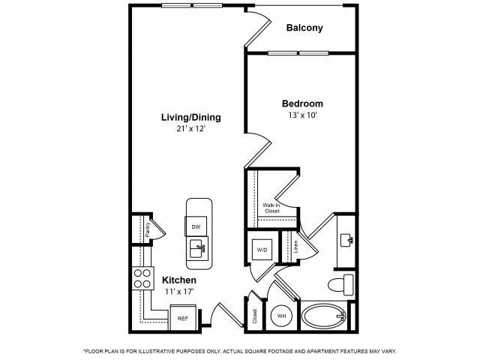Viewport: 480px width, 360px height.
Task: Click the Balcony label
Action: click(304, 28)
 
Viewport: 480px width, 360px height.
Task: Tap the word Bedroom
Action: click(302, 103)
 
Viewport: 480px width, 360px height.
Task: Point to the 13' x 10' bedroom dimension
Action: click(302, 116)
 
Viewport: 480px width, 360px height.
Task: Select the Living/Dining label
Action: click(191, 118)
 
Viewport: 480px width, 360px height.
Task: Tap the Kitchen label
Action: click(180, 280)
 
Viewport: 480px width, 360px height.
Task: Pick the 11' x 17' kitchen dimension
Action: click(180, 291)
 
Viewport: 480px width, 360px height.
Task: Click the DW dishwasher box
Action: click(196, 226)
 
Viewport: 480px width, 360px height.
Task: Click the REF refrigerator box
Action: click(182, 318)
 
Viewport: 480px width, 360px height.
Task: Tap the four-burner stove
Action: click(142, 280)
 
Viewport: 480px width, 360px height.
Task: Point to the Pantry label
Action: click(148, 229)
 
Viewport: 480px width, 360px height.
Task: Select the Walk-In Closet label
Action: click(271, 208)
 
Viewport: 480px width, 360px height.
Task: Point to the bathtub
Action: click(324, 316)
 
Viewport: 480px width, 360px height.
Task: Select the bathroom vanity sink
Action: click(346, 240)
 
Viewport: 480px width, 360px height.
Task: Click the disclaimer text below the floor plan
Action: click(240, 351)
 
